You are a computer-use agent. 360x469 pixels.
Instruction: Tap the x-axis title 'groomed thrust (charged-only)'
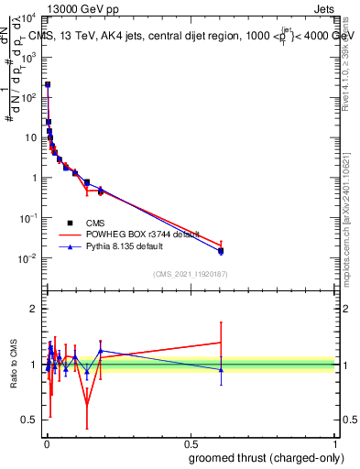coord(266,456)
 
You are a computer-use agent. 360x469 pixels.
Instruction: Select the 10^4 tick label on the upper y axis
coord(28,17)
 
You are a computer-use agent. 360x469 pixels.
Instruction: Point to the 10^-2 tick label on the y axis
coord(28,258)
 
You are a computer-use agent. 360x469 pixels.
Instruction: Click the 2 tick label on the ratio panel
coord(33,309)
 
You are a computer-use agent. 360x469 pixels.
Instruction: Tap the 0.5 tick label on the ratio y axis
coord(29,420)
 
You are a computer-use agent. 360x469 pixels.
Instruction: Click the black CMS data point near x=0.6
coord(221,250)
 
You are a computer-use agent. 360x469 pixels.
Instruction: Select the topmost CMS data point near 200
coord(48,84)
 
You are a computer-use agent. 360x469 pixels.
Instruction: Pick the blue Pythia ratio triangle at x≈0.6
coord(221,370)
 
